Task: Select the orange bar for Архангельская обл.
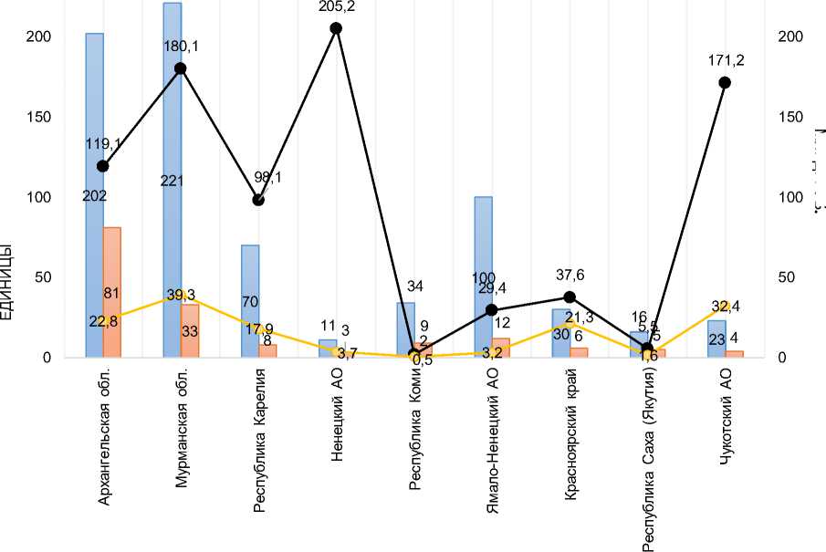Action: click(x=112, y=292)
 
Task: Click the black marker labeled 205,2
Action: click(x=336, y=28)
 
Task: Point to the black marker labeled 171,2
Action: click(x=725, y=83)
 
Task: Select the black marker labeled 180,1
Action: click(x=181, y=68)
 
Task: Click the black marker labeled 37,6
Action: click(x=570, y=297)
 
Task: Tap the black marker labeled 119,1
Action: click(x=103, y=166)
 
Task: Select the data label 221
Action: click(x=172, y=181)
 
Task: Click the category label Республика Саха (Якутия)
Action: click(x=648, y=461)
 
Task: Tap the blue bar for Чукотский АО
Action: click(x=716, y=338)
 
